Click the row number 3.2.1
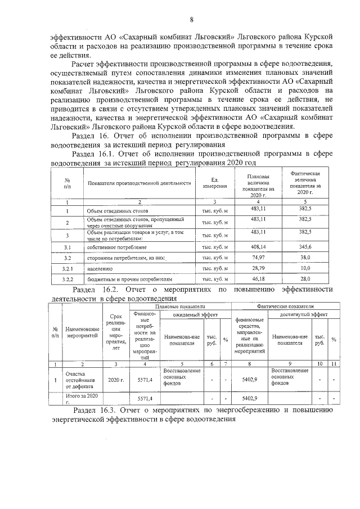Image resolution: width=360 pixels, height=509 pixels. (x=67, y=268)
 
